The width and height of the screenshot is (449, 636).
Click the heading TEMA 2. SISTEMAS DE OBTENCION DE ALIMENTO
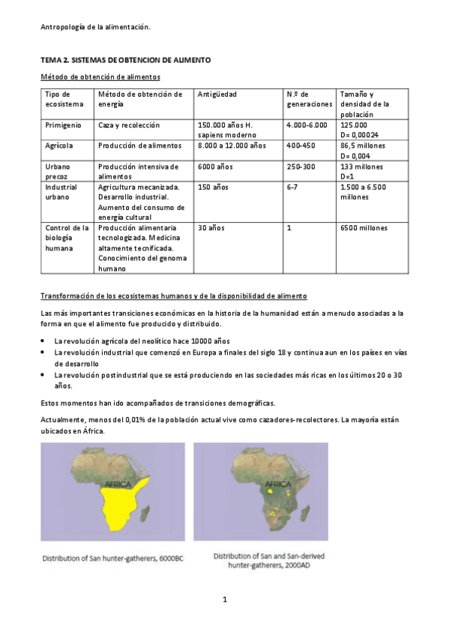pos(125,59)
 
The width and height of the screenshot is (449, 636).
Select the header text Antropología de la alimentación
pos(95,27)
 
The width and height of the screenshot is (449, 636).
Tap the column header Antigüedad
pos(217,94)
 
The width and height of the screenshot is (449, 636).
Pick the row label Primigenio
pos(62,125)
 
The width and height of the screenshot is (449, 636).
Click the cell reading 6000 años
pos(213,166)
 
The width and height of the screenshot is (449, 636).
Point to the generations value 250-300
pos(301,166)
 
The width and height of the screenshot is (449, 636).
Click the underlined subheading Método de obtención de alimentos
pos(100,76)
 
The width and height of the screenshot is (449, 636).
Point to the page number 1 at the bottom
pos(224,598)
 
